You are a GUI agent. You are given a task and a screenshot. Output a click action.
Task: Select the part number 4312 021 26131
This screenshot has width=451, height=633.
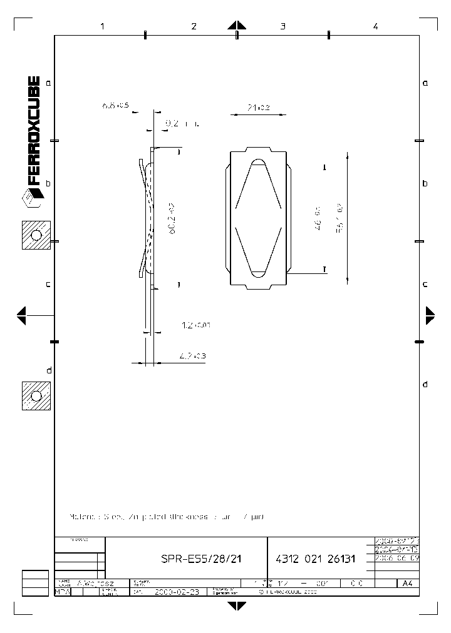point(315,559)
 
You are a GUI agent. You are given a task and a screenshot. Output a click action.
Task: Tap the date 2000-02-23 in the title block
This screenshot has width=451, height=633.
point(176,591)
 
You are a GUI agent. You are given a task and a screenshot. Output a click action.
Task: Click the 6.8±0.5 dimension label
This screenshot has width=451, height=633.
point(115,106)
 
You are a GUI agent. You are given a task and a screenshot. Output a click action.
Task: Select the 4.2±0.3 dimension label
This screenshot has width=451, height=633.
point(193,356)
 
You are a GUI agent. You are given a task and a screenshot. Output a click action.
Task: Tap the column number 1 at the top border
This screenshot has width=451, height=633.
point(101,26)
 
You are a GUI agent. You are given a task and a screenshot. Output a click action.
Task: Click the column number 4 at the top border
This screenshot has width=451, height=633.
point(375,26)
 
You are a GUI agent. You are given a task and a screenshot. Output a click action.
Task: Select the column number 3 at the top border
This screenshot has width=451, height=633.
point(283,26)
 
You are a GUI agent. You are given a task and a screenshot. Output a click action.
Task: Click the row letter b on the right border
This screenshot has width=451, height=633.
point(425,183)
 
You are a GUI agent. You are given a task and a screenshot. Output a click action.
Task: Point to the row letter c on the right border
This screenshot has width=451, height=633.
point(425,283)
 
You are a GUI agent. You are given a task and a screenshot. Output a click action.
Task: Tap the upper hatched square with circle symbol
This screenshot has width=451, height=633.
point(36,235)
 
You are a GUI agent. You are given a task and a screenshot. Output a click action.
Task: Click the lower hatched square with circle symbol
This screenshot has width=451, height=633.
point(36,395)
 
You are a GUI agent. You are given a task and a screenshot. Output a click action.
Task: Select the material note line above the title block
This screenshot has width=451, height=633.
point(167,517)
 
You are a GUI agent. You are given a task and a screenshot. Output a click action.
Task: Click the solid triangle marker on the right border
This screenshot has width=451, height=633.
point(430,315)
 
